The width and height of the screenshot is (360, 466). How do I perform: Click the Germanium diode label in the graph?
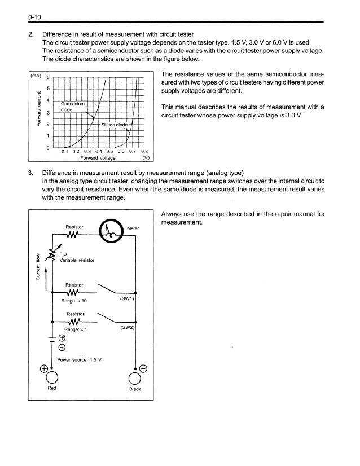tap(74, 107)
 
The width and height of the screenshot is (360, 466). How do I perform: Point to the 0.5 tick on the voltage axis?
tap(110, 151)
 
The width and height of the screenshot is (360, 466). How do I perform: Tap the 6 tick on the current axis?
tap(48, 77)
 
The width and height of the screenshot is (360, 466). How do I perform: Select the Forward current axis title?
tap(38, 109)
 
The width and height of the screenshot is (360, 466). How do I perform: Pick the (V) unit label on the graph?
tap(144, 158)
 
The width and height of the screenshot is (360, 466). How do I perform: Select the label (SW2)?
tap(127, 327)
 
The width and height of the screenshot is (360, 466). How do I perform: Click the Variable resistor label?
tap(77, 260)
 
